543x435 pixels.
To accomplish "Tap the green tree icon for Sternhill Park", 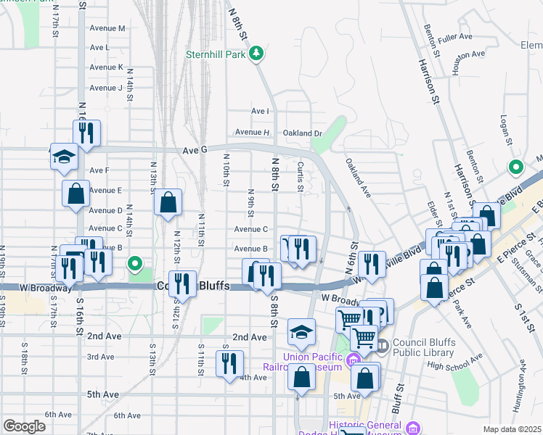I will click(x=256, y=53).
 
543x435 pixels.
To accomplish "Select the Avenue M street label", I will click(x=107, y=28).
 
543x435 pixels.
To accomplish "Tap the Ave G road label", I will click(x=195, y=150).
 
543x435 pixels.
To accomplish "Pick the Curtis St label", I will click(x=300, y=177).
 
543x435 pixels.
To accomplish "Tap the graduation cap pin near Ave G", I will click(x=64, y=156).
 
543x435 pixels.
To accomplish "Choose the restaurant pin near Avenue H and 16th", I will click(x=86, y=133).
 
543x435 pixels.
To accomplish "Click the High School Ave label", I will click(x=455, y=363).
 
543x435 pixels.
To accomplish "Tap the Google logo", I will click(x=24, y=426).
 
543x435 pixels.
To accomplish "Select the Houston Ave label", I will click(x=468, y=54).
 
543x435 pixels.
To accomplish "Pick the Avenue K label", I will click(x=106, y=67).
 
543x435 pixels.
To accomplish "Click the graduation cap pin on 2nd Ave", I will click(x=301, y=333).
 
